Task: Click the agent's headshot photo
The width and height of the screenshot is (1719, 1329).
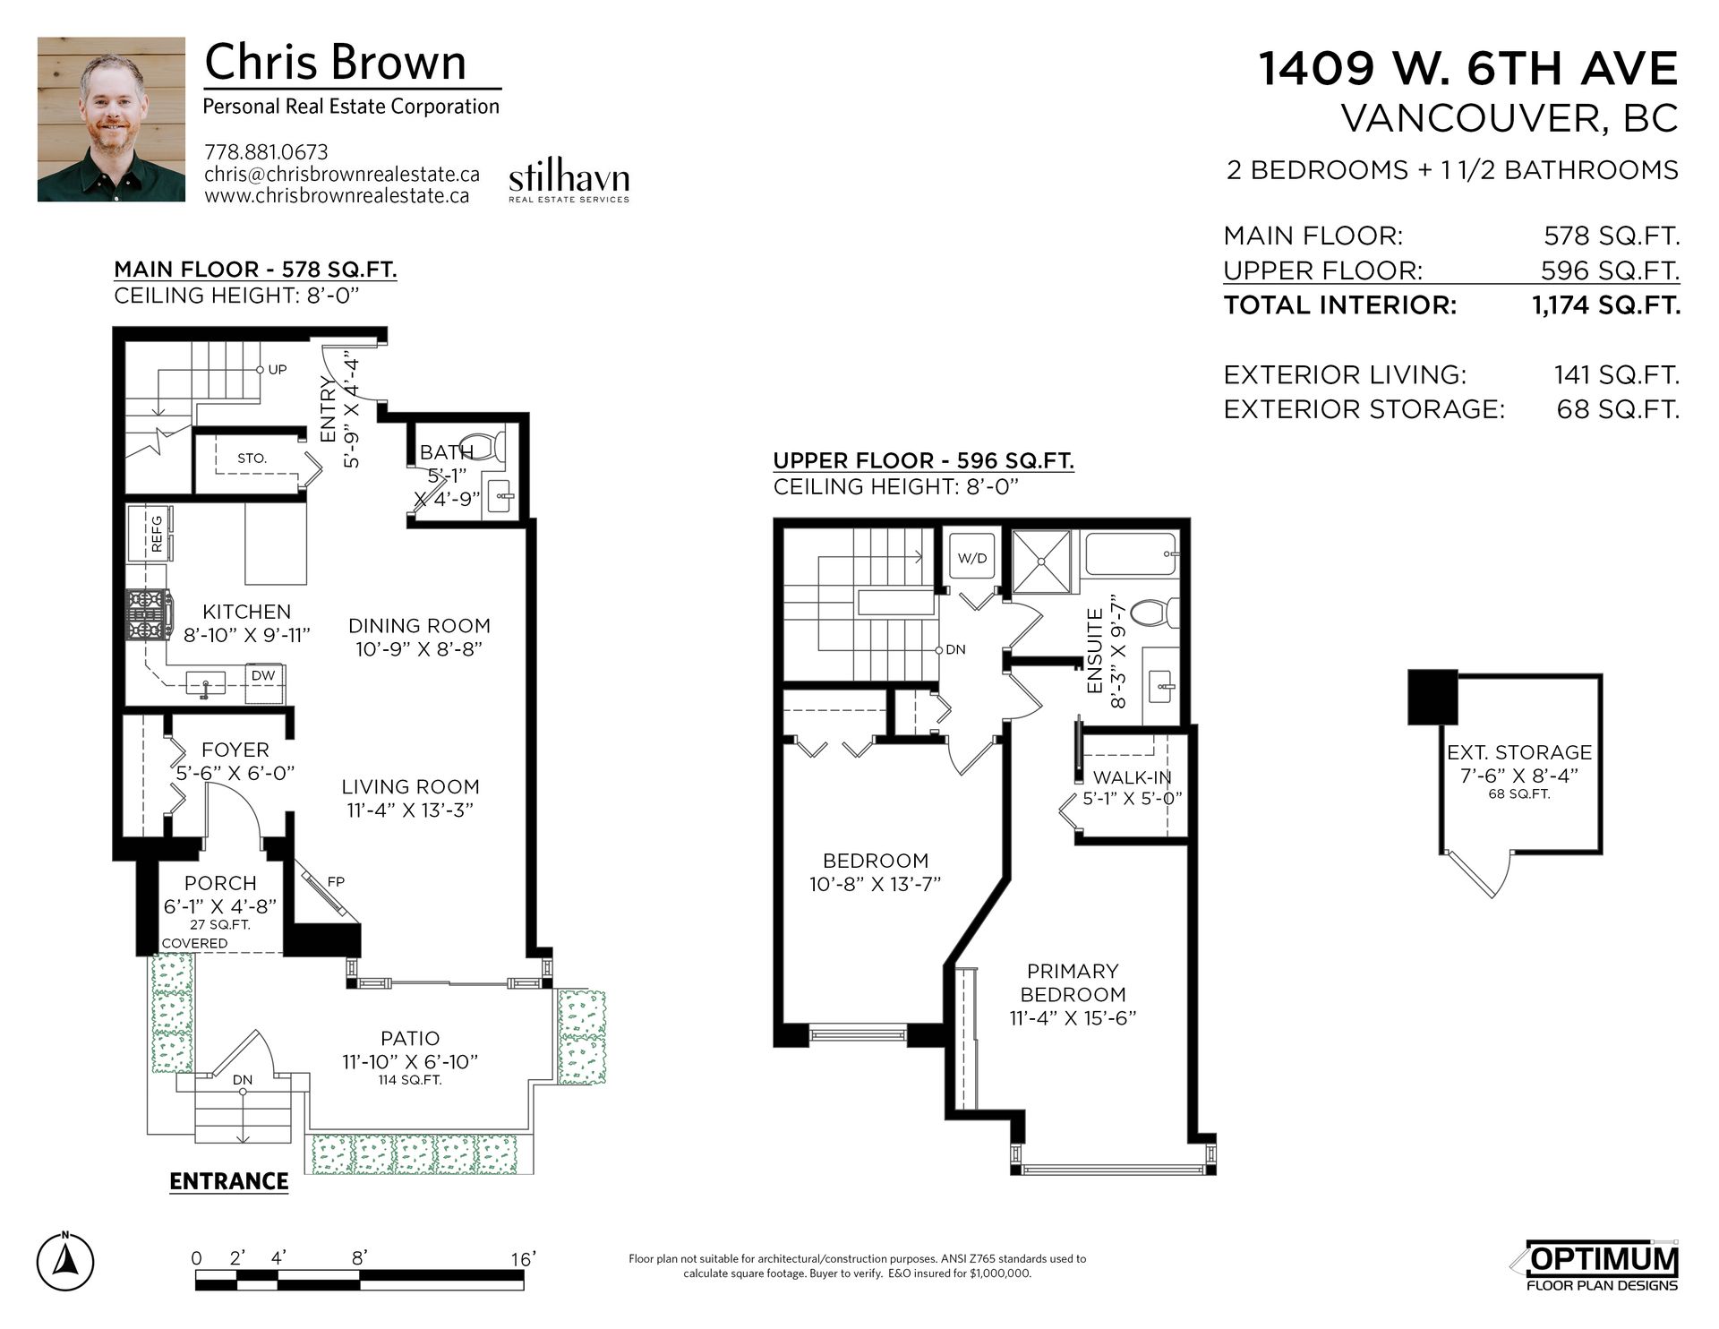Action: (x=111, y=119)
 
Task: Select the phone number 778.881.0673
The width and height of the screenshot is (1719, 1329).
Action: (x=266, y=152)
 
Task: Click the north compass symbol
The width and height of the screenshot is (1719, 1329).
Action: (x=66, y=1261)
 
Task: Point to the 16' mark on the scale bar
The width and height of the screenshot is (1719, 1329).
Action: (x=523, y=1259)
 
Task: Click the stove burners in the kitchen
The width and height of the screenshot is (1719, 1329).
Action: (x=148, y=614)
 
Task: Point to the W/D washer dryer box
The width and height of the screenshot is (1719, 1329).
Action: (x=972, y=558)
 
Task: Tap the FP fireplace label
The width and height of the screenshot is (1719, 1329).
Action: (x=336, y=882)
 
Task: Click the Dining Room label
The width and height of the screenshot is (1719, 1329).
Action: (x=419, y=626)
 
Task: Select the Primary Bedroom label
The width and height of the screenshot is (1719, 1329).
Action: (x=1073, y=982)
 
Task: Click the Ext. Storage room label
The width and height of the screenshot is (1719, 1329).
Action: (x=1519, y=752)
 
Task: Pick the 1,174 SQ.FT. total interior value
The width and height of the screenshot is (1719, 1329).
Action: (x=1605, y=305)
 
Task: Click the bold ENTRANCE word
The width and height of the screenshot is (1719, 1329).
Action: (x=229, y=1181)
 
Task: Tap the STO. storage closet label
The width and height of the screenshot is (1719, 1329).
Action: (x=252, y=459)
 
